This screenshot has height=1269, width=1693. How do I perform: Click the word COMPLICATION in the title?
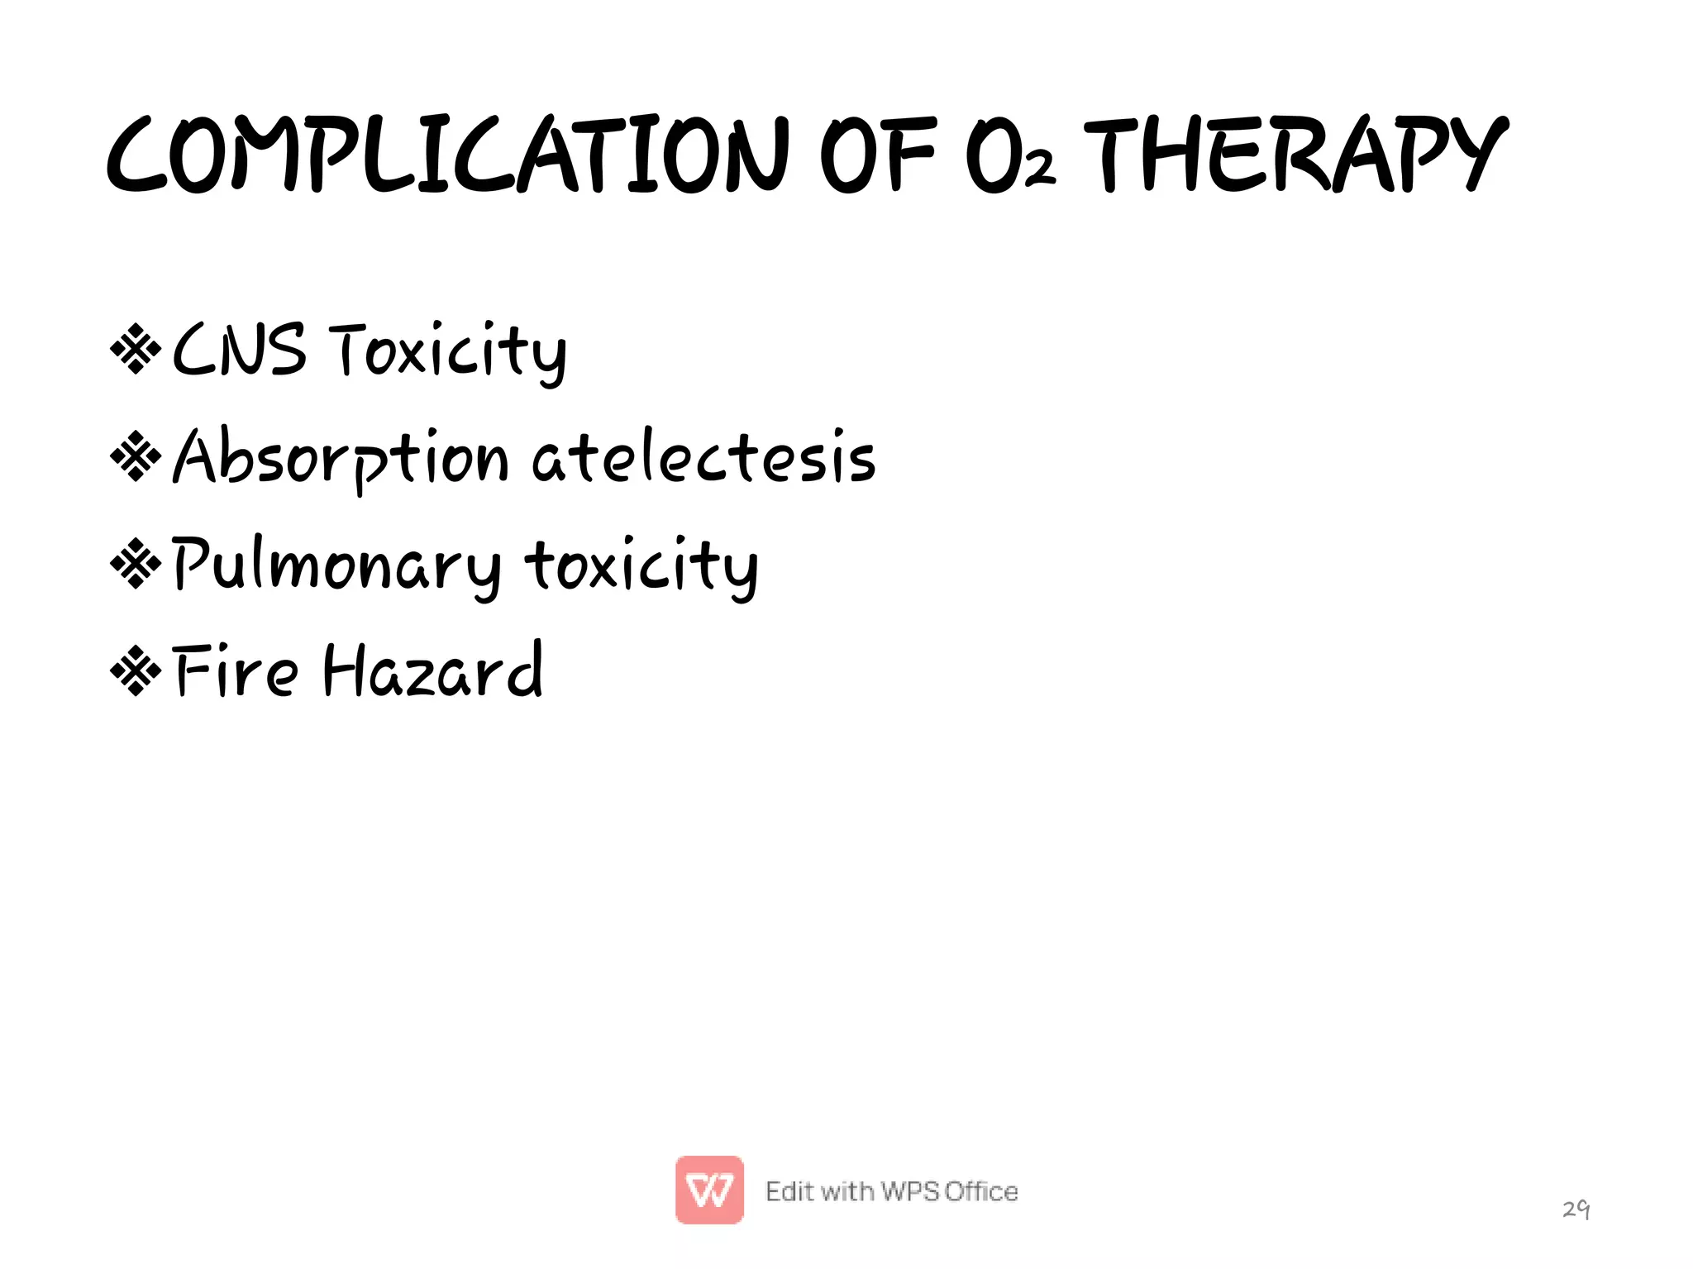[x=446, y=155]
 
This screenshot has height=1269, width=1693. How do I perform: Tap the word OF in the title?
[x=878, y=155]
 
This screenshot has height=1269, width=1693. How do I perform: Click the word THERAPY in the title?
[x=1295, y=155]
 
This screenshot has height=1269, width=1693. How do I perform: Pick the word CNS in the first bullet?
[x=239, y=350]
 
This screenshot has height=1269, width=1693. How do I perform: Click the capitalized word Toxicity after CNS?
[x=447, y=351]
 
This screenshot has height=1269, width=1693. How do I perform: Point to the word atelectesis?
[x=703, y=457]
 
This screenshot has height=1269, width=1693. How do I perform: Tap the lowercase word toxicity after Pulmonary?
[x=641, y=566]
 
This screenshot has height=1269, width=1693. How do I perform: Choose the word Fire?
[x=236, y=671]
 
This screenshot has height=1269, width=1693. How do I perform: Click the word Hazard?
[x=432, y=671]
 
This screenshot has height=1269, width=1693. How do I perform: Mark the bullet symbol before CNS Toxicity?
[x=136, y=350]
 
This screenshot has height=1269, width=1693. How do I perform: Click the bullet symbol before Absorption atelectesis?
[x=136, y=456]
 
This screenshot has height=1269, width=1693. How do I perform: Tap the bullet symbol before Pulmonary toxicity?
[x=136, y=564]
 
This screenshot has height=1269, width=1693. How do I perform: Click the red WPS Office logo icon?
[x=709, y=1190]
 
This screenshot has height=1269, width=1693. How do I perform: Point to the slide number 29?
[x=1576, y=1209]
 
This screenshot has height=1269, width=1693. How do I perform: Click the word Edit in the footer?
[x=789, y=1191]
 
